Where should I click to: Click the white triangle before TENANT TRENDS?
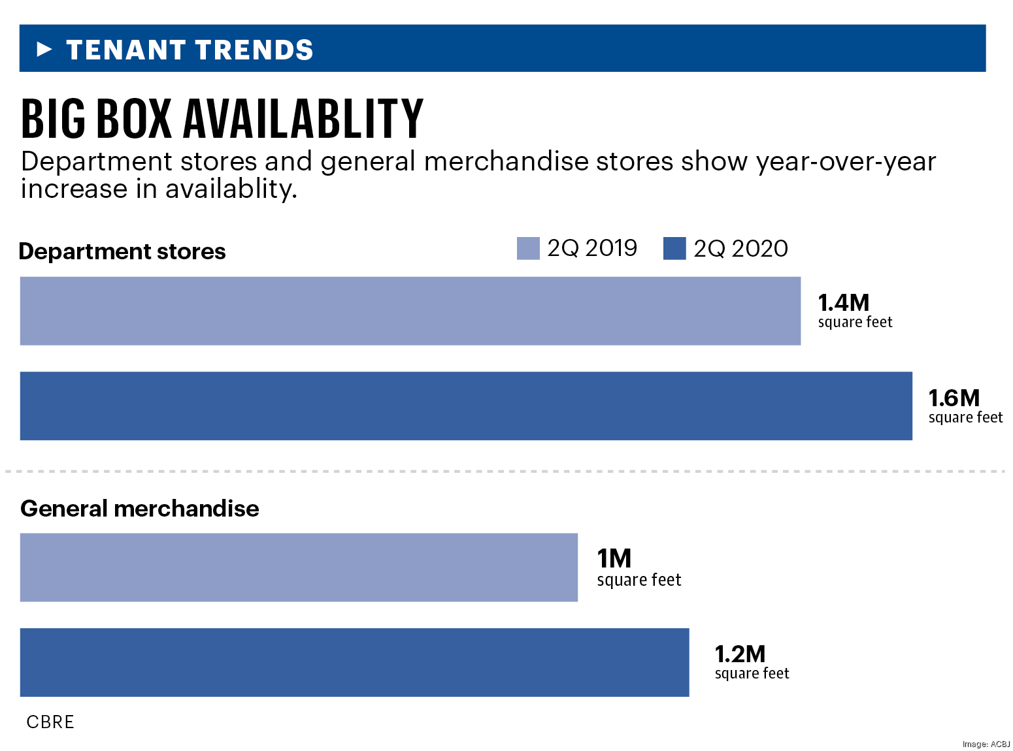[x=44, y=49]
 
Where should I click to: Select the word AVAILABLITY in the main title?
[x=303, y=120]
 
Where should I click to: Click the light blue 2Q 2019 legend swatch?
[x=528, y=248]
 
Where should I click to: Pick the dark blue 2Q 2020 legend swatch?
[x=674, y=248]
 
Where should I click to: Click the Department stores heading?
[x=122, y=251]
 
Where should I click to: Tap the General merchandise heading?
[x=140, y=509]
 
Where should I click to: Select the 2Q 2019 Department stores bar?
[x=410, y=311]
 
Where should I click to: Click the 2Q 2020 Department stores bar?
[x=466, y=406]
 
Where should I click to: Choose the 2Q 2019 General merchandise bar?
[x=299, y=567]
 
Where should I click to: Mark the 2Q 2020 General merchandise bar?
[x=354, y=662]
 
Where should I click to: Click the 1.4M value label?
[x=844, y=303]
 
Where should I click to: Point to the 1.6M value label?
[x=954, y=398]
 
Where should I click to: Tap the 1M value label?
[x=614, y=559]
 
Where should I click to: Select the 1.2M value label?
[x=740, y=654]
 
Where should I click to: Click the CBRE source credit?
[x=50, y=722]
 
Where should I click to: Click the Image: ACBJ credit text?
[x=986, y=744]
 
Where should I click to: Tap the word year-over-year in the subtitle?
[x=846, y=162]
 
